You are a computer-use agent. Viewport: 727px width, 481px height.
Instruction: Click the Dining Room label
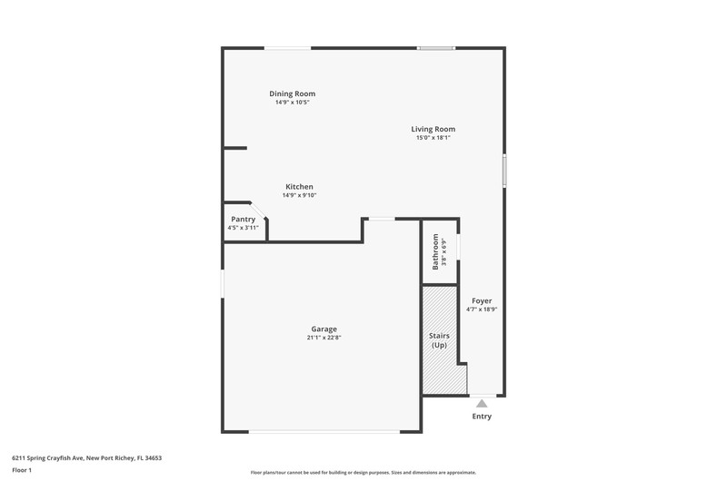coord(292,93)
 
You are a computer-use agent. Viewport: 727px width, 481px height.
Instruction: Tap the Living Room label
coord(433,129)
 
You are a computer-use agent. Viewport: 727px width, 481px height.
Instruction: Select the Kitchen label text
coord(299,187)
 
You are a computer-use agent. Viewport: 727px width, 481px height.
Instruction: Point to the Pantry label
coord(243,220)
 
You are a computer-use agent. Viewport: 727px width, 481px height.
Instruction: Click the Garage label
coord(324,329)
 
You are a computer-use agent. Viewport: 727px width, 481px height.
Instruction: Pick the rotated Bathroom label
coord(435,251)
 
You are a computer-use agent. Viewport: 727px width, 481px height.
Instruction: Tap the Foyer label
coord(482,301)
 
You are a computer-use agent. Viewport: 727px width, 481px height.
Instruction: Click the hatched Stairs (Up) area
coord(443,340)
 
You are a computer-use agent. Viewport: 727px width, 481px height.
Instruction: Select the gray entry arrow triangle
coord(482,403)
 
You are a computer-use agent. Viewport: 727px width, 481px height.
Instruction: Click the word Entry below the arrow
coord(482,417)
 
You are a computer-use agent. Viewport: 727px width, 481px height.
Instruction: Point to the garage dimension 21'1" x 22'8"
coord(324,338)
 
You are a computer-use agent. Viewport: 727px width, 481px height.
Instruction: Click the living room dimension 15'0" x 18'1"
coord(433,138)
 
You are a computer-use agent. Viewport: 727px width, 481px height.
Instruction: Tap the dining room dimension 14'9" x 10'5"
coord(292,102)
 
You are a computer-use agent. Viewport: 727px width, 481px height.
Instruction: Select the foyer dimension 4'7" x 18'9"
coord(482,309)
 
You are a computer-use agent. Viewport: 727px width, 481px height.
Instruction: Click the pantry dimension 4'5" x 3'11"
coord(243,228)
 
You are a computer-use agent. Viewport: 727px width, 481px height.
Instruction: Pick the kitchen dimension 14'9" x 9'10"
coord(299,195)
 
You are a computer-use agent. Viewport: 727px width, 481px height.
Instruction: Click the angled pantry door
coord(259,211)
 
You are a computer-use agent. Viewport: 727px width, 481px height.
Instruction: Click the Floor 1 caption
coord(22,470)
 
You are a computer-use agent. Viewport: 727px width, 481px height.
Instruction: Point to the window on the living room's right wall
coord(504,171)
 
